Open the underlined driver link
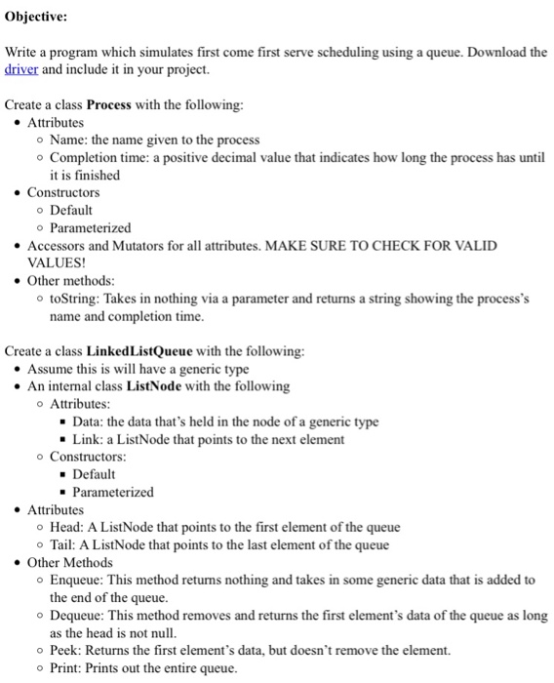click(x=21, y=70)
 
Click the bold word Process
click(x=112, y=104)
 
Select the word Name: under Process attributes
click(x=69, y=141)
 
